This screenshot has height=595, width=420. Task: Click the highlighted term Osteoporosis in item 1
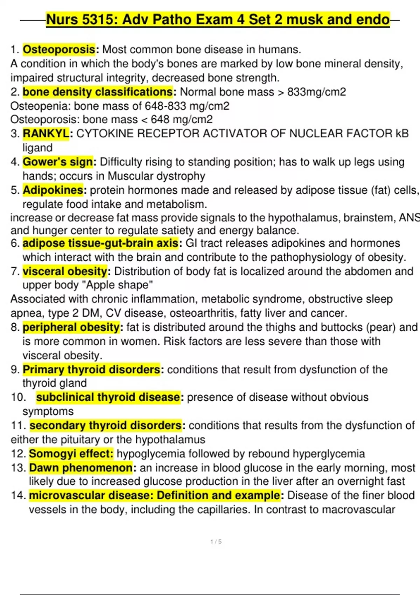click(59, 50)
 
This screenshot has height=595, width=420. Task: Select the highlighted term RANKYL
click(46, 134)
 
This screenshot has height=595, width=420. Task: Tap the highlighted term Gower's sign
click(58, 162)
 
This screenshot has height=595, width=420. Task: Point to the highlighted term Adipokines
click(53, 190)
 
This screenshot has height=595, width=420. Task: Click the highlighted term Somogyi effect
click(71, 454)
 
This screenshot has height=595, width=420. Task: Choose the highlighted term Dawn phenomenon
click(80, 468)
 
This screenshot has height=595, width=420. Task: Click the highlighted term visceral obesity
click(65, 271)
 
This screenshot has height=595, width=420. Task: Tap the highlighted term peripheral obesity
click(71, 327)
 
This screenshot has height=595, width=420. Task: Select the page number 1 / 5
click(216, 542)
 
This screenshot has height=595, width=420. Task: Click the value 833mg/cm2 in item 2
click(316, 92)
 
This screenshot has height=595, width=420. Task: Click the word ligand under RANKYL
click(37, 148)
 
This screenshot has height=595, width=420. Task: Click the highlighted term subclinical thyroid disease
click(108, 397)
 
